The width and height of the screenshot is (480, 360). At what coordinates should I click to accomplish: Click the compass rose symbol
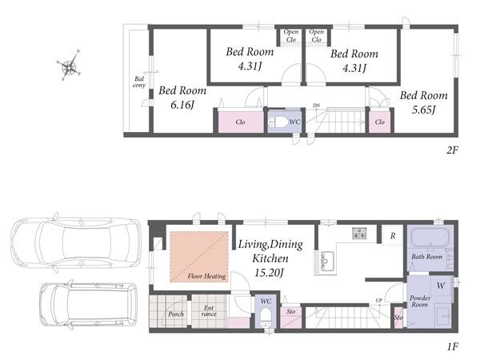[x=70, y=66]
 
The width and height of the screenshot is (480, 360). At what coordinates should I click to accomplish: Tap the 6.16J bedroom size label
[x=182, y=106]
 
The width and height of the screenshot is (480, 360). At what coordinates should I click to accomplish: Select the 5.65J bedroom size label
[x=423, y=110]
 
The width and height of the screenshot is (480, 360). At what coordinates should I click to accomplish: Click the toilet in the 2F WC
[x=278, y=122]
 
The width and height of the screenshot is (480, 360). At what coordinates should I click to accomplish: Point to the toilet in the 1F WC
[x=266, y=317]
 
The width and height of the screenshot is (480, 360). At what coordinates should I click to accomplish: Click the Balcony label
[x=139, y=82]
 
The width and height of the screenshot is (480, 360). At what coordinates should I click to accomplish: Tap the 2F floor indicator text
[x=452, y=150]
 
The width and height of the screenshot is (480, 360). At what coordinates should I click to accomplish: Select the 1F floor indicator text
[x=453, y=347]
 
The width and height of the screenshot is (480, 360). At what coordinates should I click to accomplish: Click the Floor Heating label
[x=206, y=276]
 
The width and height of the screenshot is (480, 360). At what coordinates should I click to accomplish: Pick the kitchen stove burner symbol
[x=359, y=234]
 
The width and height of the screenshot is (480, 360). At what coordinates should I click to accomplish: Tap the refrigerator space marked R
[x=393, y=236]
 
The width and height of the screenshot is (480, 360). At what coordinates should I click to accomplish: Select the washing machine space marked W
[x=441, y=286]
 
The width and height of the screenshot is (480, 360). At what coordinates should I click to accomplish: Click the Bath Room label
[x=426, y=257]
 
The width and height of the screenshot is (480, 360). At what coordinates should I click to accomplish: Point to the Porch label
[x=176, y=314]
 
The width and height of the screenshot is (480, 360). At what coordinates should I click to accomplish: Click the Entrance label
[x=209, y=310]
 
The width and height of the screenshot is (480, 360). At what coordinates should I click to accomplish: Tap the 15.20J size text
[x=270, y=273]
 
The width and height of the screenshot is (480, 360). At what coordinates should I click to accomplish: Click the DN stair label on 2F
[x=317, y=106]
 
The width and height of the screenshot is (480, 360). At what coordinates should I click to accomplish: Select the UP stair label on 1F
[x=379, y=301]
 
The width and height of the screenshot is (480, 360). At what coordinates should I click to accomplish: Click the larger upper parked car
[x=76, y=242]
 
